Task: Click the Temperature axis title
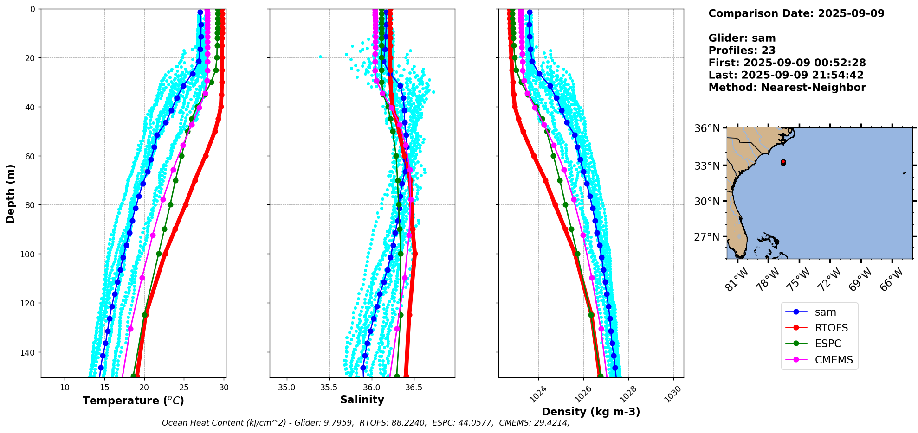(x=133, y=401)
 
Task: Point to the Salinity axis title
(x=362, y=400)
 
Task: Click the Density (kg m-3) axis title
(x=591, y=412)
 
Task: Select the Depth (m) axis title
(x=10, y=193)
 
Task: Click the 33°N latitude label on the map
(x=707, y=166)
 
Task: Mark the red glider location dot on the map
(x=783, y=162)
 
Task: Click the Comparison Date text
(x=796, y=13)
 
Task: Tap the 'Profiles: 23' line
(x=742, y=51)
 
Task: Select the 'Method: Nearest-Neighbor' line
(x=787, y=88)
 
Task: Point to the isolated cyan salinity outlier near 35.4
(x=320, y=57)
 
